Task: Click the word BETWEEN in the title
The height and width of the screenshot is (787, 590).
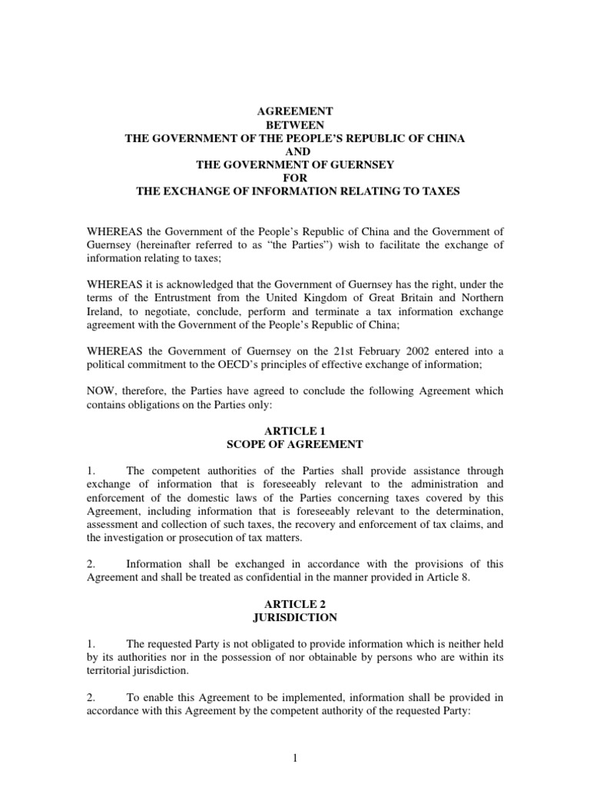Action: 294,125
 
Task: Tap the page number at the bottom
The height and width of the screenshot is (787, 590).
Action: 294,759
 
